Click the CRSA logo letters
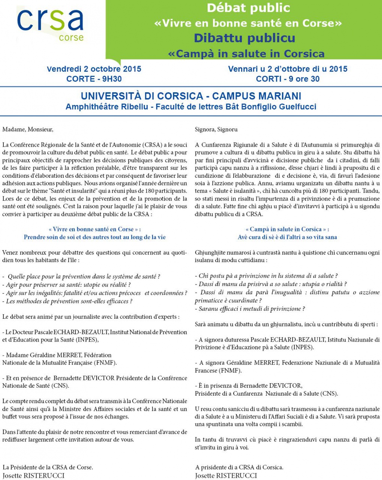[x=50, y=20]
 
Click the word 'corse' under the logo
[x=71, y=37]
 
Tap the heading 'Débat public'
[x=248, y=7]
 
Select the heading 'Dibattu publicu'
[x=245, y=38]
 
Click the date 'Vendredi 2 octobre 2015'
[x=94, y=69]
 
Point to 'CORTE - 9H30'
[x=94, y=79]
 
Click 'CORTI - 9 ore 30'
[x=288, y=79]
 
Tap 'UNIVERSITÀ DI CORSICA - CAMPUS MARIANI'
[x=191, y=96]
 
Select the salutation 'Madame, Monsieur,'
[x=28, y=129]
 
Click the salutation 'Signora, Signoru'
[x=216, y=129]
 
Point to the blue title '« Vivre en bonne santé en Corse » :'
[x=94, y=229]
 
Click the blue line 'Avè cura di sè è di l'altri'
[x=287, y=237]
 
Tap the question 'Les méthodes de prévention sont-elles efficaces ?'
[x=67, y=301]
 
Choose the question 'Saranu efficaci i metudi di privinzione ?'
[x=250, y=309]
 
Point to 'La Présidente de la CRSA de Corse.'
[x=48, y=467]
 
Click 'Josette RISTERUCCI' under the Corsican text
[x=226, y=475]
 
